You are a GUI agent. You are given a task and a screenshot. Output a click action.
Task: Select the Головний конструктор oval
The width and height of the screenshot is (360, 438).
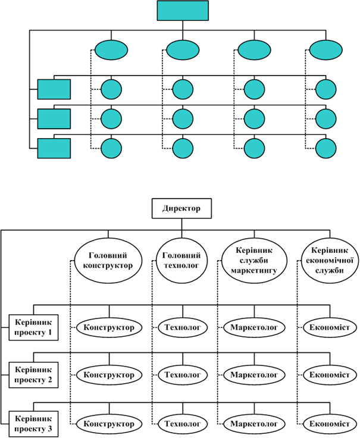pyautogui.click(x=109, y=260)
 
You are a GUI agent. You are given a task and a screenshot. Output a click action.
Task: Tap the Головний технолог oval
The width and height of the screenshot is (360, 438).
pyautogui.click(x=179, y=260)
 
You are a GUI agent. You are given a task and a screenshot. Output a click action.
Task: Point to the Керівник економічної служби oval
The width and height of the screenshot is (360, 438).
pyautogui.click(x=324, y=260)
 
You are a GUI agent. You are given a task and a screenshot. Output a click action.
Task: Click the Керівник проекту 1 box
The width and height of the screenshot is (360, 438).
pyautogui.click(x=35, y=327)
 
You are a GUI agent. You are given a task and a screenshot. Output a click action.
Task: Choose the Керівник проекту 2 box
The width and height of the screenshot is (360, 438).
pyautogui.click(x=35, y=376)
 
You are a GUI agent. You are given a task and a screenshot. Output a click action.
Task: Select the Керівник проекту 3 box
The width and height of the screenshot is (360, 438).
pyautogui.click(x=35, y=424)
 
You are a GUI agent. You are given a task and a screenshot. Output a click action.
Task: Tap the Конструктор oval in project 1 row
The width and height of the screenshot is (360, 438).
pyautogui.click(x=109, y=327)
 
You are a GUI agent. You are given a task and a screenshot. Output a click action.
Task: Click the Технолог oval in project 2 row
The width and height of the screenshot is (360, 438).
pyautogui.click(x=182, y=376)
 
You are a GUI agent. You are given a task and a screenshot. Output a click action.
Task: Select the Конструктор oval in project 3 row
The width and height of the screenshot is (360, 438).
pyautogui.click(x=109, y=424)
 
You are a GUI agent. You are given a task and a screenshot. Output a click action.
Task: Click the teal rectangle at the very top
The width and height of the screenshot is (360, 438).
pyautogui.click(x=183, y=10)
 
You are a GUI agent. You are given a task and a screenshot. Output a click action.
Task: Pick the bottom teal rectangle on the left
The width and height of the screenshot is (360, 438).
pyautogui.click(x=54, y=148)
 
